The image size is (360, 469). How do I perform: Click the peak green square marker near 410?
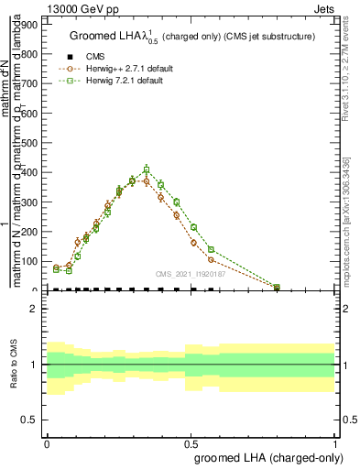click(146, 169)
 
